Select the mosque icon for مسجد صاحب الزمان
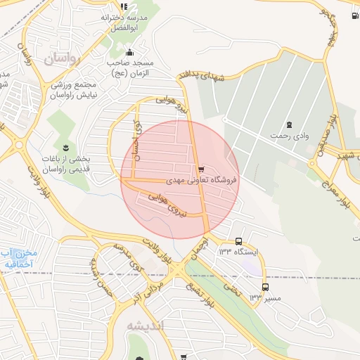pos(129,52)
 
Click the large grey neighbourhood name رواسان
pos(63,60)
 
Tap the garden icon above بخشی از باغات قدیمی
pos(66,147)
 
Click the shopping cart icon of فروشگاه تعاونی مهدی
pos(202,169)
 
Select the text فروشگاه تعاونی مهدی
pos(202,181)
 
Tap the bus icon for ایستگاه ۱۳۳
pos(239,241)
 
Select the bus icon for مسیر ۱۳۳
pos(265,287)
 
